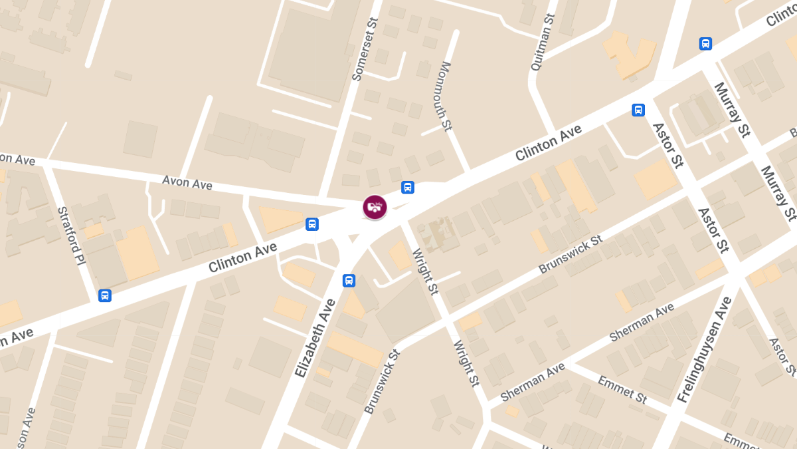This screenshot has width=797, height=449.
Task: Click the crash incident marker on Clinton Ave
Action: (375, 207)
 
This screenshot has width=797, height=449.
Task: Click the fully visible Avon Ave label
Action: (187, 182)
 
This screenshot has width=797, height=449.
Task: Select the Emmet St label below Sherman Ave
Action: (622, 389)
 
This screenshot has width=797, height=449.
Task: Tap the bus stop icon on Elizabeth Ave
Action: (349, 281)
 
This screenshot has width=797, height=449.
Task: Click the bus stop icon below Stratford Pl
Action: (104, 295)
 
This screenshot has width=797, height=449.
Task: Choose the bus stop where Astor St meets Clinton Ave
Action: (638, 110)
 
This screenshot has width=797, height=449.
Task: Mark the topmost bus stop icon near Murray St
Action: (705, 44)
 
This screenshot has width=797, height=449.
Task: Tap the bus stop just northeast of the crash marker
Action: (408, 188)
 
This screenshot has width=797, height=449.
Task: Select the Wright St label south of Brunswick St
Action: (466, 364)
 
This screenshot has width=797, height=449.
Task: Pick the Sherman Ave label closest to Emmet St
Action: (533, 382)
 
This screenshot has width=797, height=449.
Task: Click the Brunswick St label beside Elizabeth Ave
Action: (382, 382)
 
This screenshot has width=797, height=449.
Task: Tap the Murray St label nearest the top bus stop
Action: (729, 110)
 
